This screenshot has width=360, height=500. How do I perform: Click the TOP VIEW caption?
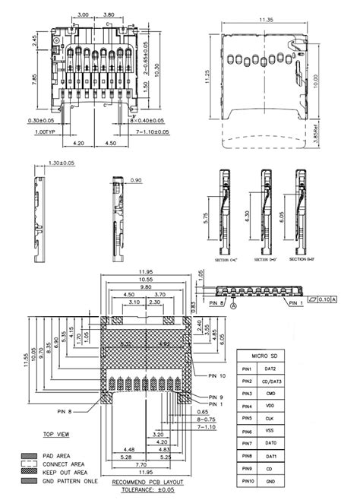[x=57, y=435]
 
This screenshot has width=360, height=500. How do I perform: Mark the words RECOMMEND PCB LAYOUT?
[x=147, y=483]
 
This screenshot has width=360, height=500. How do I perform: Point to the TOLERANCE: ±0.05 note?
[x=148, y=492]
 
